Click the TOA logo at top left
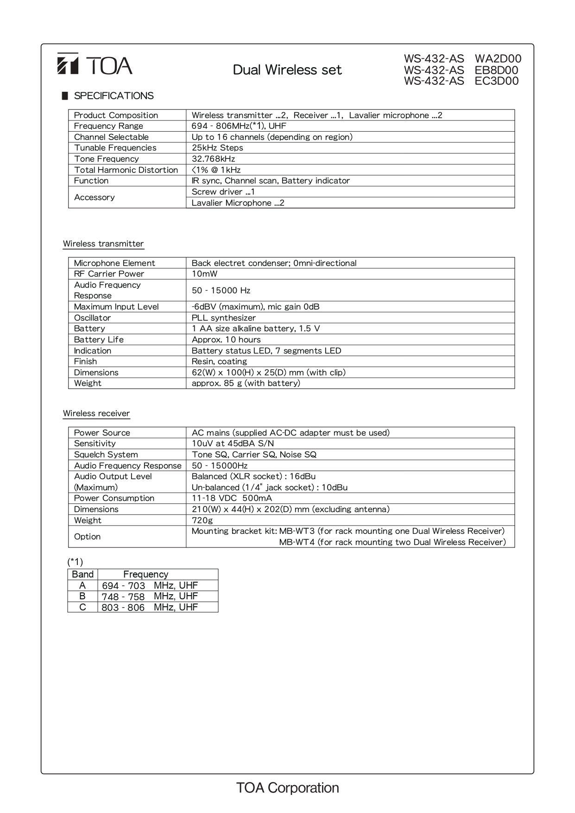(x=95, y=65)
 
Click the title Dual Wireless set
(x=287, y=70)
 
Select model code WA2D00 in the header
(x=498, y=59)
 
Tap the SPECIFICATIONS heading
(x=114, y=96)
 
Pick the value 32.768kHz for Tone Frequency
(x=213, y=159)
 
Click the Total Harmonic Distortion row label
(x=126, y=170)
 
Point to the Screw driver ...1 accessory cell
(x=223, y=192)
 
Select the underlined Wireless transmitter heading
(x=103, y=244)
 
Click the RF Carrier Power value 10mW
(x=204, y=274)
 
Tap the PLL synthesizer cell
(x=223, y=318)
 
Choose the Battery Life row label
(x=99, y=340)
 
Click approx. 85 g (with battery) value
(x=246, y=383)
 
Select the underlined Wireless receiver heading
(x=96, y=413)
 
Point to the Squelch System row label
(x=106, y=455)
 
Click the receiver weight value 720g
(x=202, y=521)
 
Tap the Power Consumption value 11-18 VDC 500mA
(x=232, y=498)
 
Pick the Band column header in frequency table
(x=82, y=574)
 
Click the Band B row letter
(x=82, y=597)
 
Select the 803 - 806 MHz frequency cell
(x=150, y=607)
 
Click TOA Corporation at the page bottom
(x=287, y=788)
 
